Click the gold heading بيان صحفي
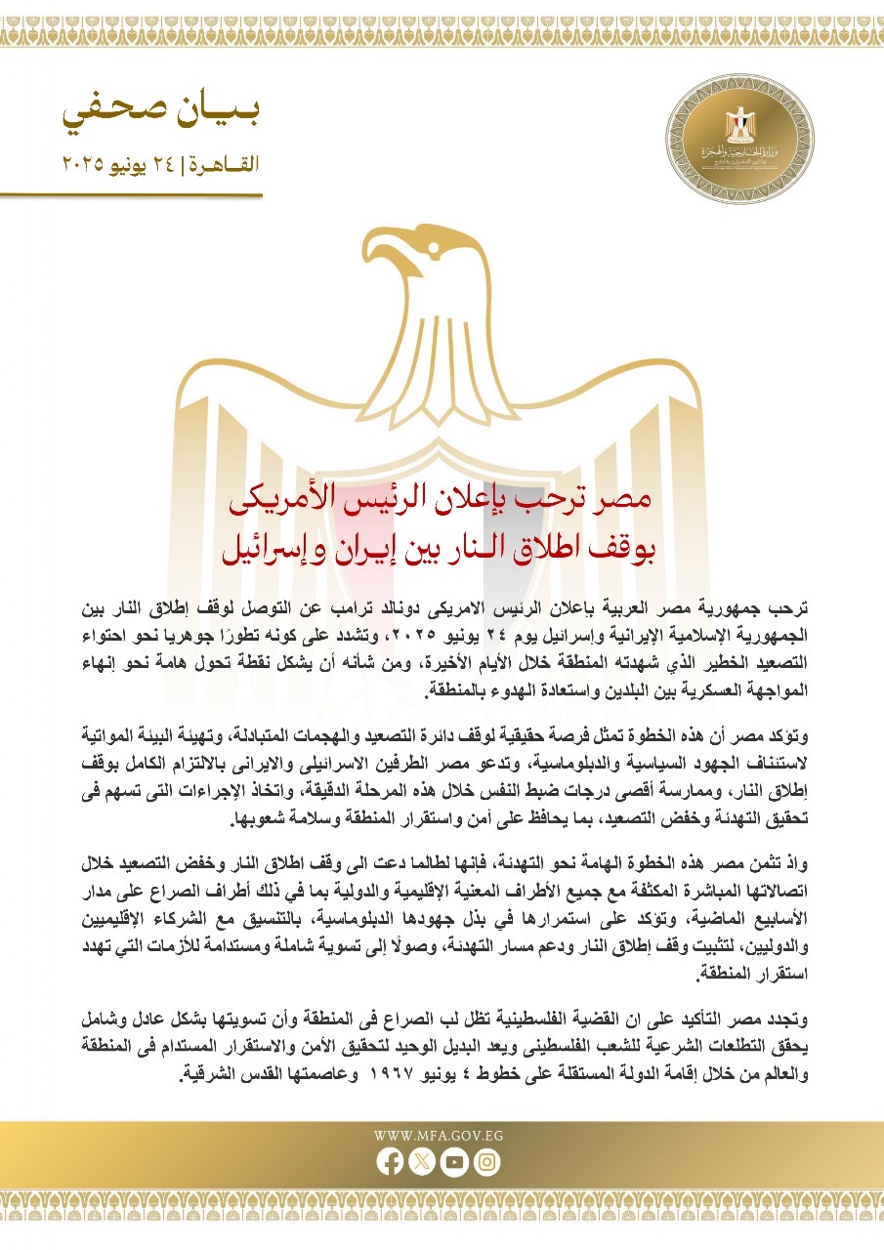[163, 115]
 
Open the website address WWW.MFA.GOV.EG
[441, 1136]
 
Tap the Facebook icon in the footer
[390, 1162]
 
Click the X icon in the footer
[422, 1162]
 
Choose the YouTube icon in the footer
[454, 1162]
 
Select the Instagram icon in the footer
[486, 1162]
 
